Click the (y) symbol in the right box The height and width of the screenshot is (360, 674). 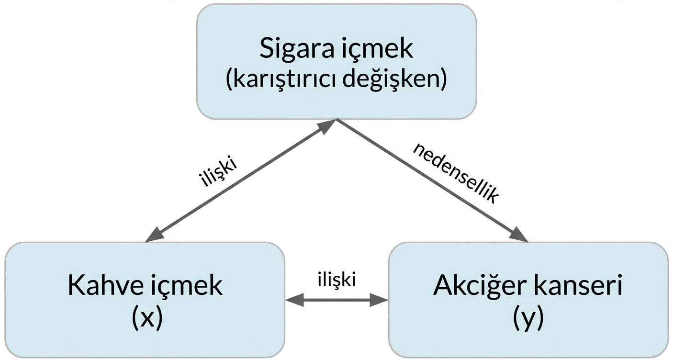click(528, 318)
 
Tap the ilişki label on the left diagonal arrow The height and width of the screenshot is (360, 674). click(218, 175)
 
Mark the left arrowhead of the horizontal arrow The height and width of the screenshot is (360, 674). click(293, 300)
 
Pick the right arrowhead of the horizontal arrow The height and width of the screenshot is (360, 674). click(380, 300)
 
